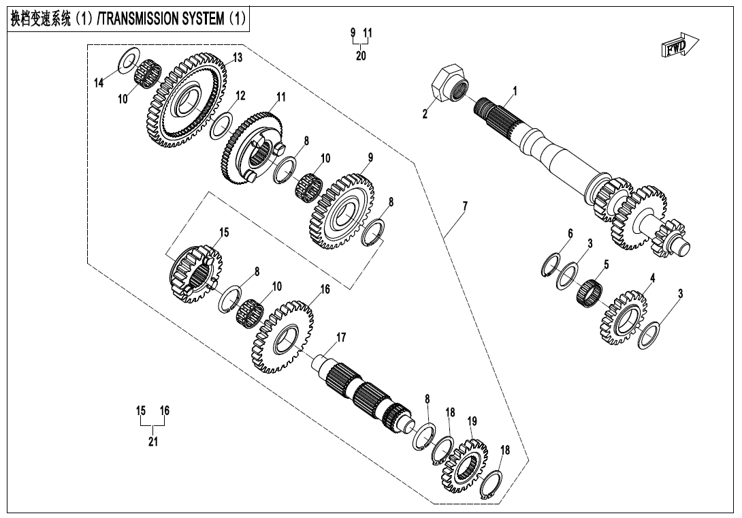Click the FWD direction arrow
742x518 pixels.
(679, 46)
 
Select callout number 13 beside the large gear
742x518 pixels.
(238, 57)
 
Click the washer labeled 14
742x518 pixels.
(128, 60)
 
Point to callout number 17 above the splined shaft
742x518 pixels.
(341, 337)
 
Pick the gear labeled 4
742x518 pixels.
(624, 318)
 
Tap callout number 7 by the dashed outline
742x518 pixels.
(465, 206)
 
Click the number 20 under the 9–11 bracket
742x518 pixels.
(361, 55)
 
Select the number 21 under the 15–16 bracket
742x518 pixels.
(153, 441)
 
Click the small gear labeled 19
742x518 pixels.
(464, 466)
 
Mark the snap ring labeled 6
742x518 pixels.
(550, 266)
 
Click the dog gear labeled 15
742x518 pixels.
(196, 274)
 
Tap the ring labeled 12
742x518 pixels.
(221, 125)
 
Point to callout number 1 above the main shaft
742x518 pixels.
(515, 91)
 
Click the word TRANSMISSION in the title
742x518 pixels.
(163, 19)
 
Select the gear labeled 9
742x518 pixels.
(342, 211)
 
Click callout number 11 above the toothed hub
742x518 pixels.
(281, 97)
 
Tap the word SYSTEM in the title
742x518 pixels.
(206, 19)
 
